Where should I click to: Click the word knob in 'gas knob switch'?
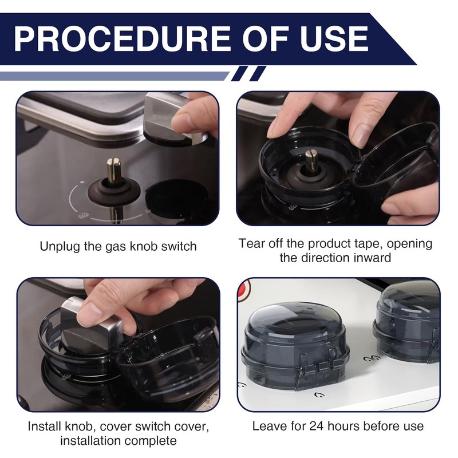point(144,246)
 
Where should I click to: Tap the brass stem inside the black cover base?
point(311,160)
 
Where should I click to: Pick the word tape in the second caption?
point(368,244)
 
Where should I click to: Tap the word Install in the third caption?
point(44,426)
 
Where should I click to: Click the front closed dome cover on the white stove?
point(295,345)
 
